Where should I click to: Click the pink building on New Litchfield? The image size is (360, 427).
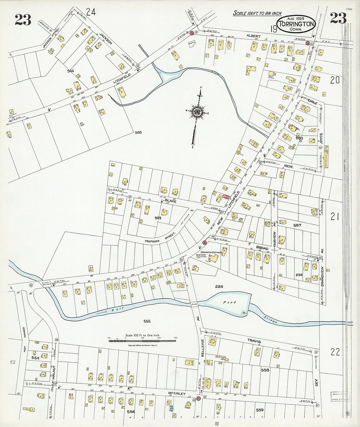(x=226, y=197)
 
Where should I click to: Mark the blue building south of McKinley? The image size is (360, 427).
(x=171, y=408)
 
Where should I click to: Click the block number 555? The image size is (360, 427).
(x=147, y=321)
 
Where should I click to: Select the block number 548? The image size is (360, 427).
(x=138, y=133)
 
